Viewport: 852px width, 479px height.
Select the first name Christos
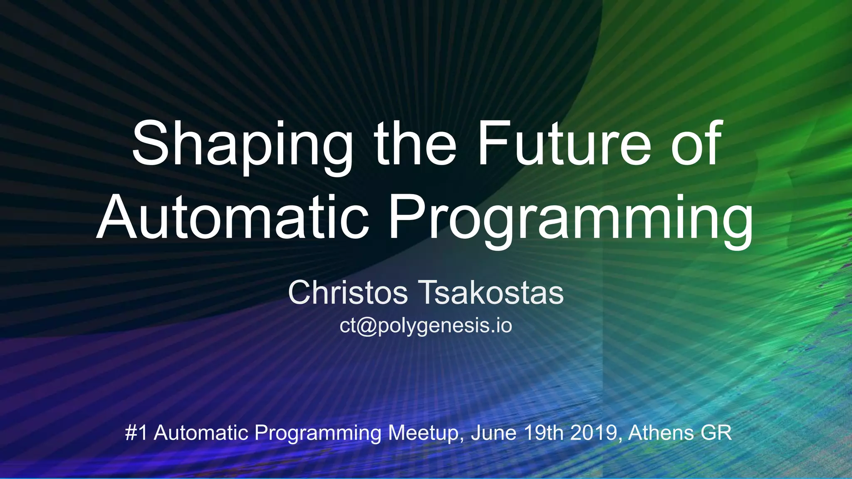[x=348, y=293]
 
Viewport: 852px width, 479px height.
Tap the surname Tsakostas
[x=493, y=293]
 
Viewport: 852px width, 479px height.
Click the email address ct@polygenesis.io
[x=426, y=326]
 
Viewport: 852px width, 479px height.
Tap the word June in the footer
[x=493, y=433]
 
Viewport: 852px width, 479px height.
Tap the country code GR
[x=716, y=433]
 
